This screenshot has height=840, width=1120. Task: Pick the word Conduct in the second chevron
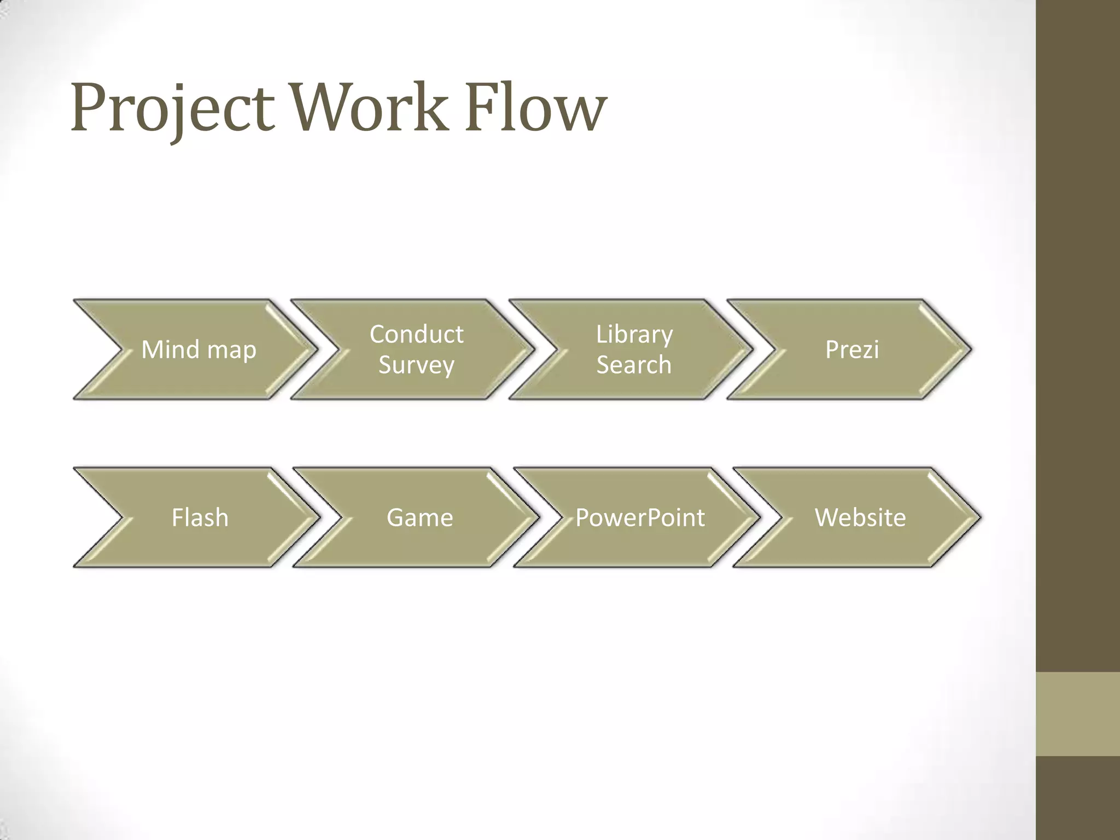click(416, 334)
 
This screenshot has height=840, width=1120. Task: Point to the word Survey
click(416, 365)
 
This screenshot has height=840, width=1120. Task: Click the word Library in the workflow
click(634, 334)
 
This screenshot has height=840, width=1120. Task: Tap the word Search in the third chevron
click(634, 365)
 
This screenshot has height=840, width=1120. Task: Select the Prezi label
click(852, 349)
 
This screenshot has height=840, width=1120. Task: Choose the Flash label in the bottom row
click(200, 517)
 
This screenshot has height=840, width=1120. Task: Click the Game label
click(419, 517)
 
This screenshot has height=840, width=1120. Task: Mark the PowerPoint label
click(640, 517)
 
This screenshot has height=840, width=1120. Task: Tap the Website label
click(860, 517)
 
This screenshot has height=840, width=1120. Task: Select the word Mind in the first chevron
click(171, 349)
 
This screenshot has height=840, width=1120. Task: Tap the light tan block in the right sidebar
click(1077, 714)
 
